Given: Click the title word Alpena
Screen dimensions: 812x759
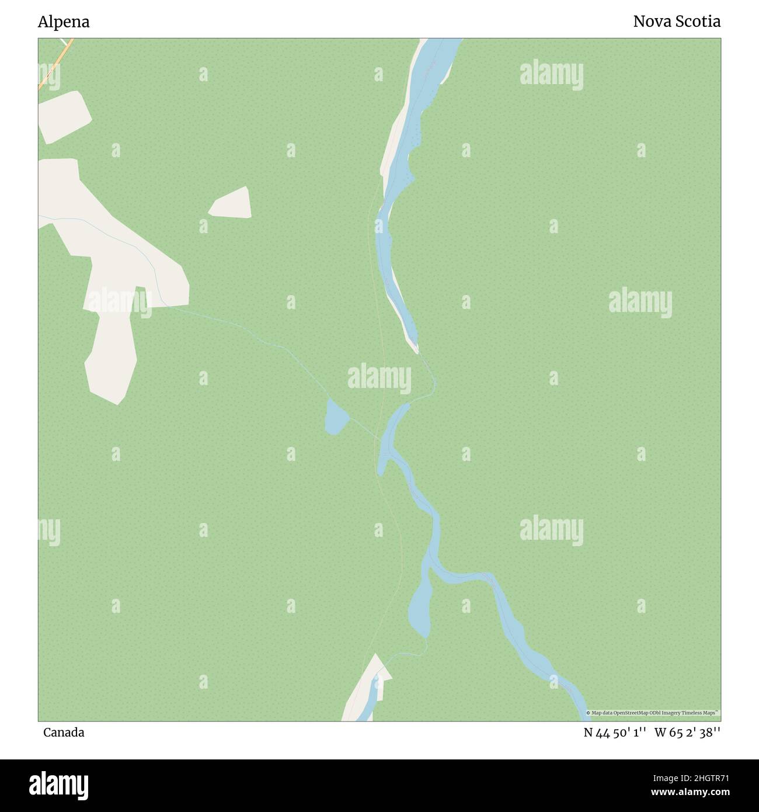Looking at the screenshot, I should (64, 22).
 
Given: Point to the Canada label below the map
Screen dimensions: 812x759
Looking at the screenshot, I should (64, 733).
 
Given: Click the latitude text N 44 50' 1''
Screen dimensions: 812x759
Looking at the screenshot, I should (615, 733).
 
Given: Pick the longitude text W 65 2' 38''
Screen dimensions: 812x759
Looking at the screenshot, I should (688, 733).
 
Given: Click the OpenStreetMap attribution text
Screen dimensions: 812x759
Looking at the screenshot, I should (653, 713).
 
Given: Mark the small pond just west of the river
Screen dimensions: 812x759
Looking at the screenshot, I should (336, 417).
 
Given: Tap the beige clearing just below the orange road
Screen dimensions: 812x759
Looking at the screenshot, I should (64, 116).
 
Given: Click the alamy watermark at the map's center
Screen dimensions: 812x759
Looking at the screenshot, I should (379, 379).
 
